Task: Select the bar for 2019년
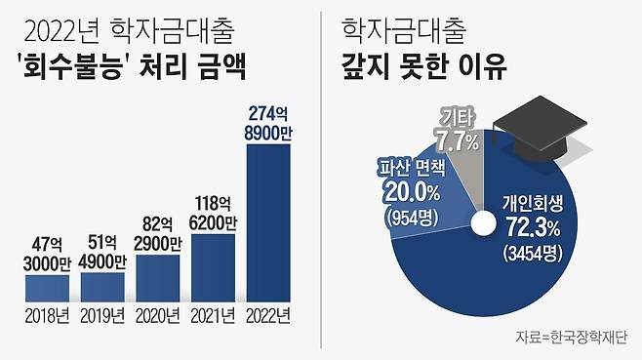(103, 286)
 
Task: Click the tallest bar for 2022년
(270, 215)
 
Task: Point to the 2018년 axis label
(48, 315)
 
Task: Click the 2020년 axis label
(158, 315)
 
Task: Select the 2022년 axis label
(270, 315)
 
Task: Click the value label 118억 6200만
(214, 213)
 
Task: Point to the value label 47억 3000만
(48, 254)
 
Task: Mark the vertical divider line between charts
(321, 180)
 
